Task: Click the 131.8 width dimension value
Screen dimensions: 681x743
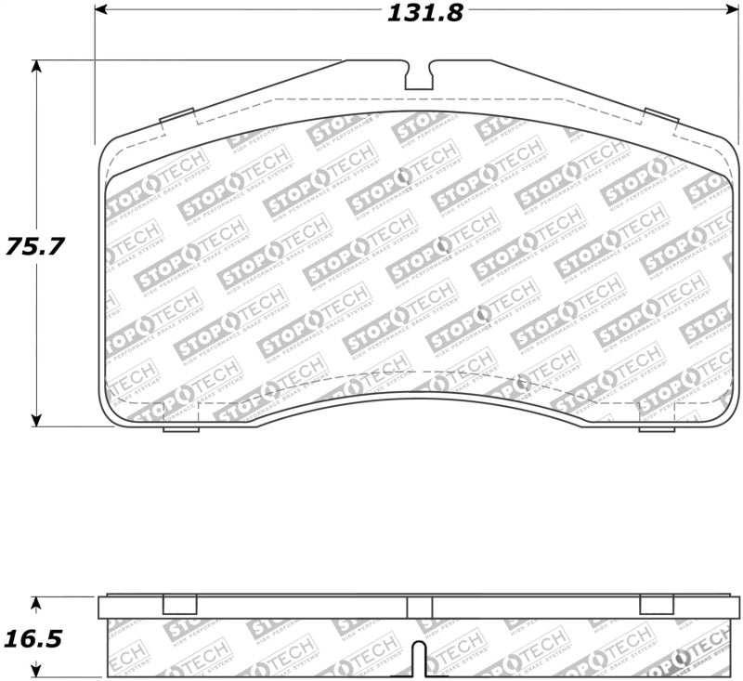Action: coord(421,13)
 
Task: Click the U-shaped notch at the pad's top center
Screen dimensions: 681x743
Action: coord(420,76)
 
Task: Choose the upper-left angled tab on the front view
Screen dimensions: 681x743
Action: coord(176,116)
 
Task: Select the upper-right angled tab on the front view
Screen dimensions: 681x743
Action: coord(661,116)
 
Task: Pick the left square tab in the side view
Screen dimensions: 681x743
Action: coord(180,605)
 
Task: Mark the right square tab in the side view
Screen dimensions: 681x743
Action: coord(657,605)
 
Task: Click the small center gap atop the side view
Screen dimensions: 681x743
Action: coord(420,607)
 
